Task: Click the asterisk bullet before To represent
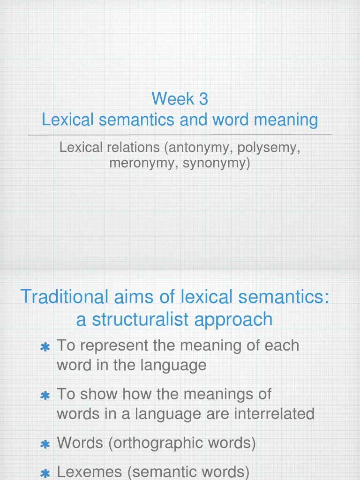coord(45,347)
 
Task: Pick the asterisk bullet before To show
coord(45,396)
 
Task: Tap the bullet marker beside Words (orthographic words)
coord(45,444)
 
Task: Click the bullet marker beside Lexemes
coord(45,474)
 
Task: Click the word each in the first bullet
coord(282,345)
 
